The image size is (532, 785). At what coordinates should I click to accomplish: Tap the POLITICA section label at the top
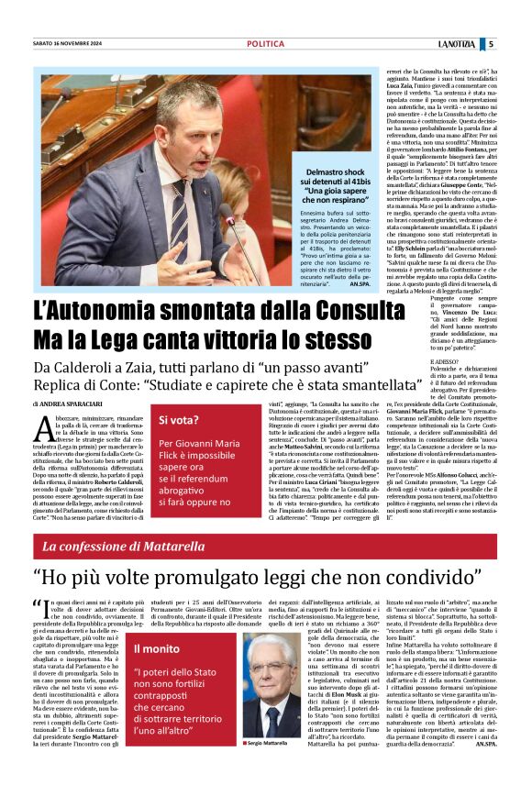click(265, 43)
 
